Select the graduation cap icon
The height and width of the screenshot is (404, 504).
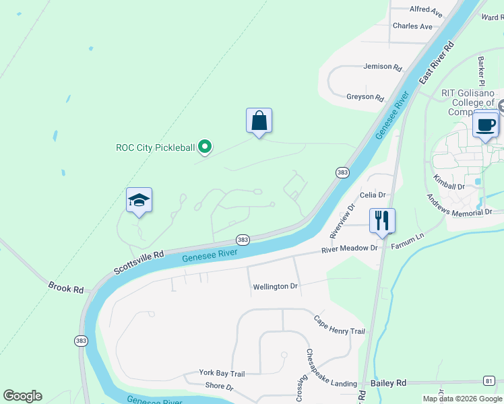[x=139, y=201]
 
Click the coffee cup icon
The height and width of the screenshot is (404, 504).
[x=485, y=124]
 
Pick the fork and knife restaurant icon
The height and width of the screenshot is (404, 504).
[x=382, y=220]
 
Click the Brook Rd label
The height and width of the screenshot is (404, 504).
[x=66, y=287]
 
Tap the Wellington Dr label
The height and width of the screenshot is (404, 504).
[x=275, y=287]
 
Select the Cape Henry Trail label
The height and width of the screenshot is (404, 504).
[x=339, y=325]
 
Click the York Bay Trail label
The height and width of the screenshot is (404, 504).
[x=222, y=373]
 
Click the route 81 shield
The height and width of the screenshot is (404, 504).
[x=489, y=381]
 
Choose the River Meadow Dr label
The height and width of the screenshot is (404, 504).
[x=350, y=248]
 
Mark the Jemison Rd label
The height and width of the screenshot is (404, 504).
[x=382, y=67]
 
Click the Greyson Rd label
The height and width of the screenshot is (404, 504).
[x=365, y=97]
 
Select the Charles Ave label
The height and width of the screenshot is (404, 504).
[x=412, y=26]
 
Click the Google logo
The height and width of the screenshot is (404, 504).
[x=22, y=396]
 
